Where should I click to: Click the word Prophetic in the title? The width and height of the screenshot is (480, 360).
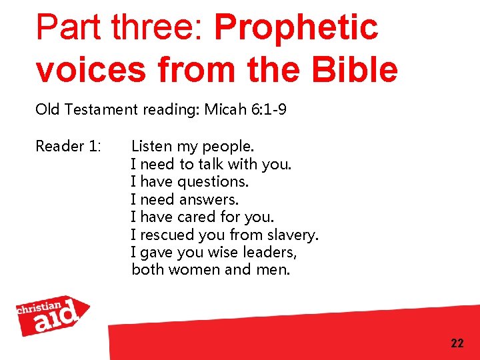click(296, 28)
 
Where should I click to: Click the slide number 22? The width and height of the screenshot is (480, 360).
click(457, 343)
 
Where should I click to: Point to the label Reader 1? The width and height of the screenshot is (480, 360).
click(67, 146)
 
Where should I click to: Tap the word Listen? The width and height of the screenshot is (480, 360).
click(151, 146)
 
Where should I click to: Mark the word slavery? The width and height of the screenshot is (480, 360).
click(293, 235)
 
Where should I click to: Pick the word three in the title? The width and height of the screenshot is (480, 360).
click(155, 28)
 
